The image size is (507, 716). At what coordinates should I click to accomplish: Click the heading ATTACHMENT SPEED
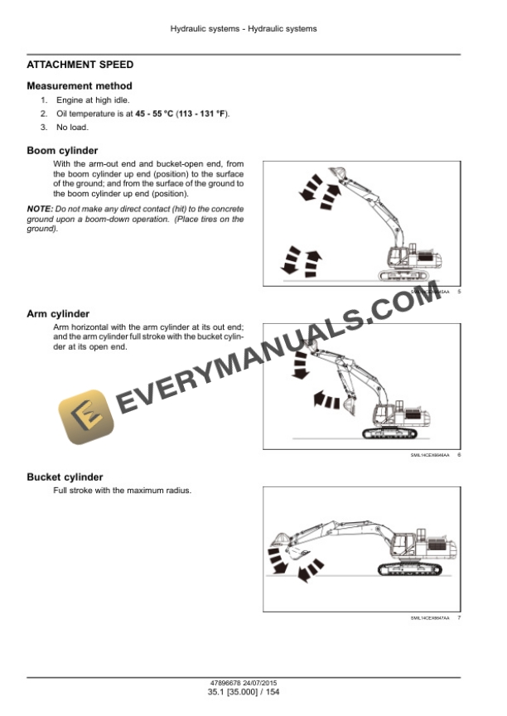tap(80, 65)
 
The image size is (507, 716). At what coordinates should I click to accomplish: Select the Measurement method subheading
tap(79, 86)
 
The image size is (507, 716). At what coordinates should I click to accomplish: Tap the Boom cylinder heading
tap(62, 151)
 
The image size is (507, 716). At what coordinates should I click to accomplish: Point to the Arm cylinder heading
tap(58, 314)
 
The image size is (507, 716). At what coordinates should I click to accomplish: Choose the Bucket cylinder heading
tap(65, 477)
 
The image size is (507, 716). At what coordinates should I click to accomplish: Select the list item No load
tap(72, 128)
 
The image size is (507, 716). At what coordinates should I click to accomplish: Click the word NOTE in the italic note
tap(39, 210)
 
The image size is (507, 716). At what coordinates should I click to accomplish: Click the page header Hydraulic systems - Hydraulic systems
tap(244, 29)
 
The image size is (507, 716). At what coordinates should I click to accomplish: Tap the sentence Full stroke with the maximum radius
tap(122, 491)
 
